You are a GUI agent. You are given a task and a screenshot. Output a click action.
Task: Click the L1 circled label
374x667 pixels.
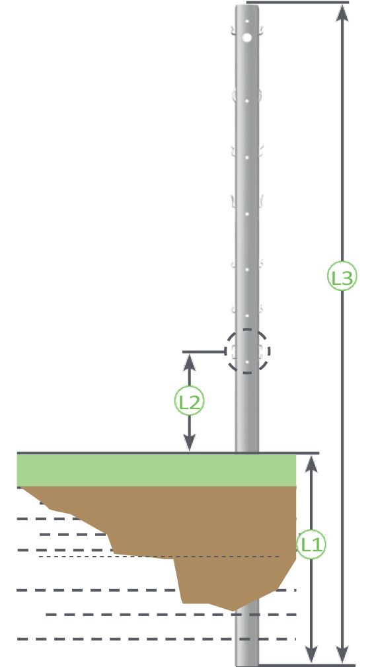tap(311, 545)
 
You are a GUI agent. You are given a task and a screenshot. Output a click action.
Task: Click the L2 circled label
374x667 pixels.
tap(190, 401)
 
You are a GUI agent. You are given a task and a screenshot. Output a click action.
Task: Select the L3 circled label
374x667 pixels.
tap(342, 277)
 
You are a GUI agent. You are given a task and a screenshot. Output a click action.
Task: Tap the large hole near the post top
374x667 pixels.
tap(247, 38)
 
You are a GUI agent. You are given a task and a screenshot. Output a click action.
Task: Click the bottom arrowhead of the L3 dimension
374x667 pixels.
tap(342, 655)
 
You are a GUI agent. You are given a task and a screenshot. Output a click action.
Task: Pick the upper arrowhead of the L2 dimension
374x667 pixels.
tap(190, 362)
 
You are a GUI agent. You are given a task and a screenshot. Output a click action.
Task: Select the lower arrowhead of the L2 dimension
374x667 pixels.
tap(190, 442)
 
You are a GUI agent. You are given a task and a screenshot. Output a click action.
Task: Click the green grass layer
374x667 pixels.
tap(157, 470)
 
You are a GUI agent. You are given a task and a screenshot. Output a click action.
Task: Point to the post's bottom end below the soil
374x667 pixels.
tap(247, 638)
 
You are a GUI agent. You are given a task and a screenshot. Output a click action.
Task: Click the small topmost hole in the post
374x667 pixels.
tap(247, 21)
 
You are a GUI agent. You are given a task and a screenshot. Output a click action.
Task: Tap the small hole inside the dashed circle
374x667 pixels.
tap(247, 362)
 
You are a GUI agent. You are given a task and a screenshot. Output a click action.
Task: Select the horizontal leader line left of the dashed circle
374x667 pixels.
tap(204, 352)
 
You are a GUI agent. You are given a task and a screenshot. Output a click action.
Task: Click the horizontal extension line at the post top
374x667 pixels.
tap(297, 3)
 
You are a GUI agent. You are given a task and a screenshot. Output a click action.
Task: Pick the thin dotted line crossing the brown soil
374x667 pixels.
tap(159, 557)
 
